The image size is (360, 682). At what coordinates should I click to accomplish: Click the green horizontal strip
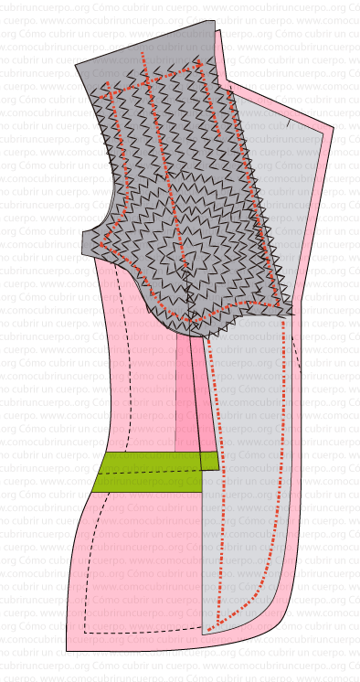pos(146,472)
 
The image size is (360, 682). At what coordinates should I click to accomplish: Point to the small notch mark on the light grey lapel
pos(290,120)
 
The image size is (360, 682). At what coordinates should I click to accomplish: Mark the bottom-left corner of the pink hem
pos(67,650)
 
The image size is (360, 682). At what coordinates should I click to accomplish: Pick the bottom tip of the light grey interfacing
pos(204,634)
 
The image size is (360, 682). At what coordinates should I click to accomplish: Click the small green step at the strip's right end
pos(210,461)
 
